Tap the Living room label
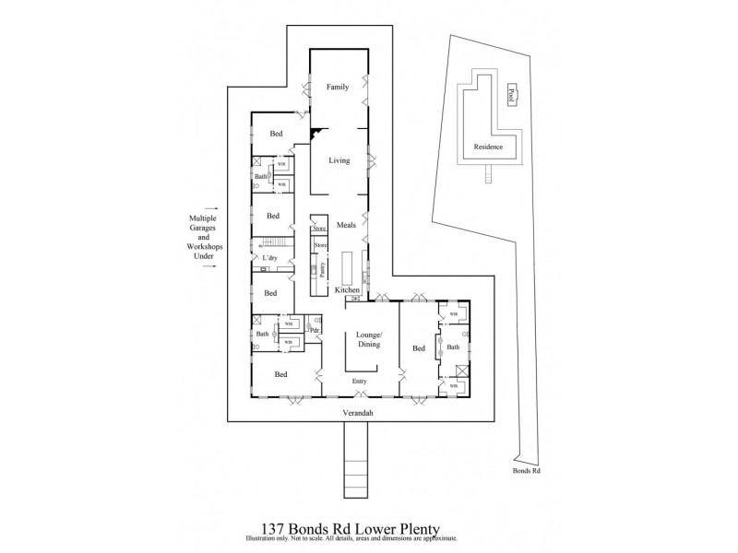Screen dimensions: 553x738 (x=339, y=160)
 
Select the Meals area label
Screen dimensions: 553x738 (x=346, y=225)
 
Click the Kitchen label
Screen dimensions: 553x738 (x=347, y=290)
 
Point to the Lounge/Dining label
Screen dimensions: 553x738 (x=370, y=338)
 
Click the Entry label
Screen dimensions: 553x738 (x=359, y=381)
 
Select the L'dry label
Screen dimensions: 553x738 (x=270, y=258)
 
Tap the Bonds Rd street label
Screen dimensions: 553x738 (x=526, y=470)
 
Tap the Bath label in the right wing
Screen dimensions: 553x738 (x=453, y=347)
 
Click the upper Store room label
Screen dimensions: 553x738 (x=319, y=228)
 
